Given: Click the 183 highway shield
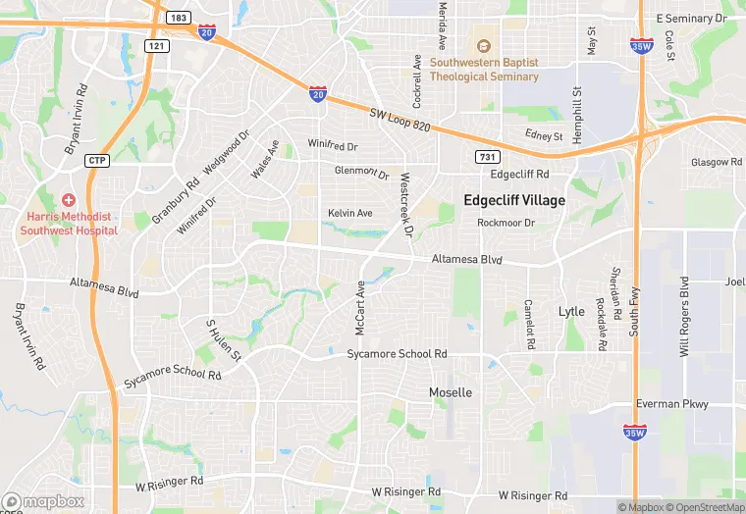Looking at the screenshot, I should (x=179, y=18).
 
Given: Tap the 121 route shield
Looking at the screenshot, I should (x=156, y=45).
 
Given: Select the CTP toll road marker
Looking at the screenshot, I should (x=96, y=160).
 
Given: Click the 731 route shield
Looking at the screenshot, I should (x=488, y=157).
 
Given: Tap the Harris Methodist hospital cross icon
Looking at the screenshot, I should (x=68, y=199).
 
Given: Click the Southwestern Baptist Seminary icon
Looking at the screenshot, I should (x=482, y=45).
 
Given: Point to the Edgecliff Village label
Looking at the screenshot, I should (x=514, y=200).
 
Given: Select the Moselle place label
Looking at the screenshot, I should (x=451, y=392).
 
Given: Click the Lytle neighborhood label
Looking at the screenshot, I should (x=571, y=311).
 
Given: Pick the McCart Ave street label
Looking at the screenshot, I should (x=360, y=308).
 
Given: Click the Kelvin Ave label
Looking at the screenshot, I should (x=350, y=213).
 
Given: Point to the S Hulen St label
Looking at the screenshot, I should (x=223, y=340).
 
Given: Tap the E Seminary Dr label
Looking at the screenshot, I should (x=691, y=19).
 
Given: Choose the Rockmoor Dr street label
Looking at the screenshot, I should (x=506, y=223).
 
